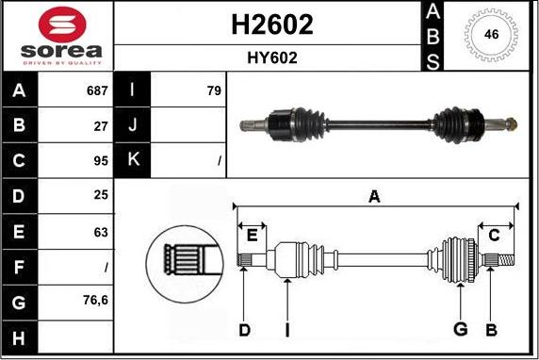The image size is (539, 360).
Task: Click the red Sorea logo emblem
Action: pos(62,25)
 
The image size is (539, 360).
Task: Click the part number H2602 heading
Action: pos(272,25)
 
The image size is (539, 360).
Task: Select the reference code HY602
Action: pos(272,57)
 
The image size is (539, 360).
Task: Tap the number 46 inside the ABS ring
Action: pos(491,34)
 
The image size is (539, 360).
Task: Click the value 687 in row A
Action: pos(97,90)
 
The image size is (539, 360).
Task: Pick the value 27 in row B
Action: pos(101,126)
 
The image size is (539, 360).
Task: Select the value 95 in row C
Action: pos(101,161)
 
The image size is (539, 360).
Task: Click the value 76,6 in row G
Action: pos(95,301)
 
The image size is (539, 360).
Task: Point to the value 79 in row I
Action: pos(214,90)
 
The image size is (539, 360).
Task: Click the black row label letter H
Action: pos(19,338)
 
